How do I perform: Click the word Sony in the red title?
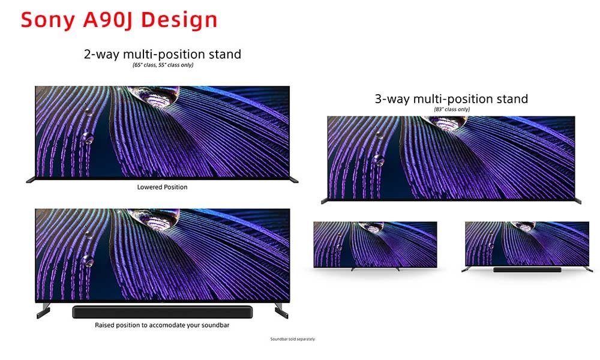(47, 20)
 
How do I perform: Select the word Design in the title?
(179, 20)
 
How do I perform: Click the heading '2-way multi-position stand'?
(163, 54)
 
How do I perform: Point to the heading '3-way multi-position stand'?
(452, 99)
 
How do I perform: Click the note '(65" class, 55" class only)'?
(163, 65)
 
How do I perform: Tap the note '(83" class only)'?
(452, 109)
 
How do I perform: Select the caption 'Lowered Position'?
(162, 187)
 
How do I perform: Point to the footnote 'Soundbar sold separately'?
(293, 339)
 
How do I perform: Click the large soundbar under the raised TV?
(162, 312)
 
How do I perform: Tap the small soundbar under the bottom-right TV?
(527, 270)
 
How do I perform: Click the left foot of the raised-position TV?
(43, 310)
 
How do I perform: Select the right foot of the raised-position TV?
(281, 310)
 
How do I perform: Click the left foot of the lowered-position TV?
(31, 180)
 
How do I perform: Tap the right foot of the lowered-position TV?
(294, 180)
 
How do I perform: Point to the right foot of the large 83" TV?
(578, 201)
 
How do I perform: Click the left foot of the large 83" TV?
(325, 201)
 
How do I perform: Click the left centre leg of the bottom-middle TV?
(353, 269)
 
